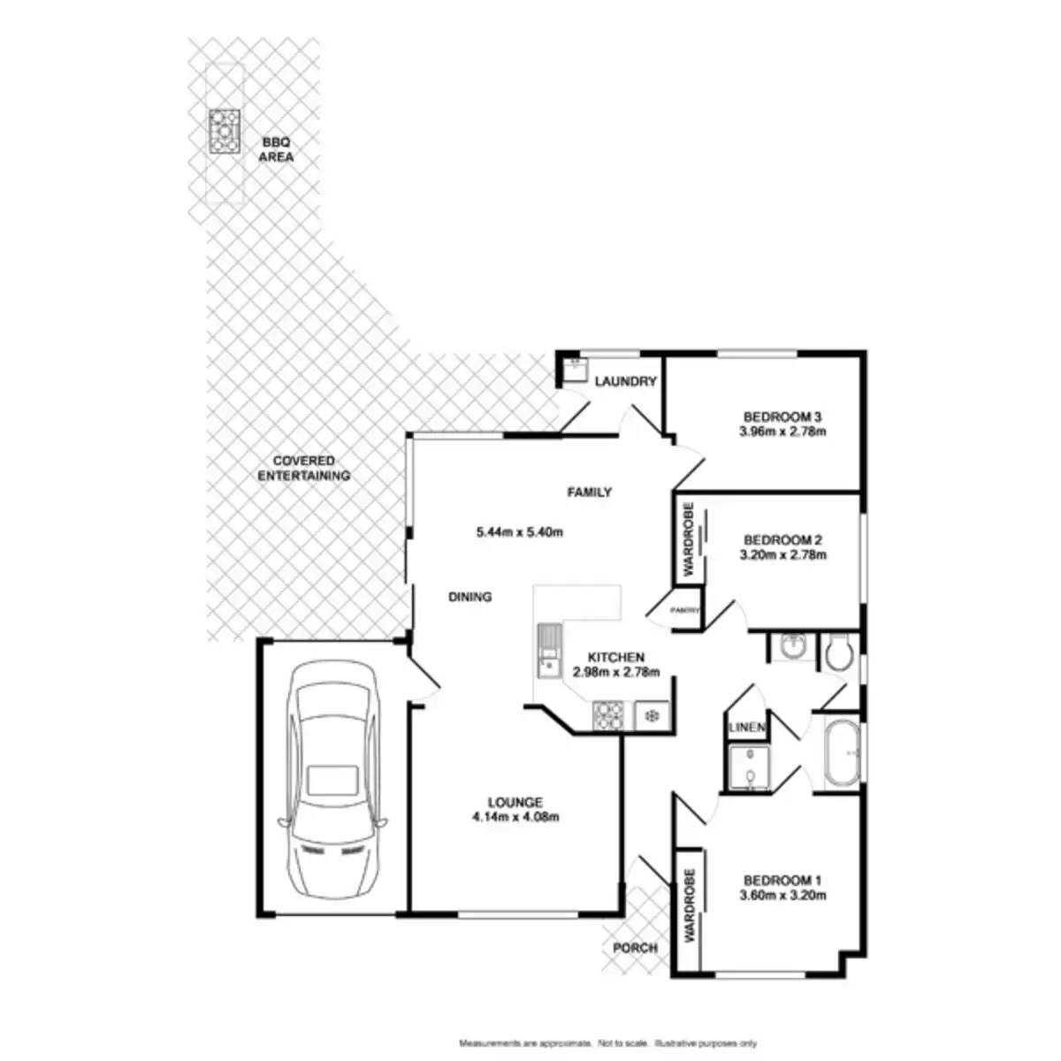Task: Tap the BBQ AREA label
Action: tap(276, 149)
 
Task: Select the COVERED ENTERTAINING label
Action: tap(303, 468)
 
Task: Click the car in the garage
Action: tap(334, 778)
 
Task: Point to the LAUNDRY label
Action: tap(625, 382)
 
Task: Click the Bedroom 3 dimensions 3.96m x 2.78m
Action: tap(782, 432)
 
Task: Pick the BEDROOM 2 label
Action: tap(783, 539)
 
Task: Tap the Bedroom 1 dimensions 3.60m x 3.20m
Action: tap(782, 895)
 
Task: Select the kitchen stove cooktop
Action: tap(608, 715)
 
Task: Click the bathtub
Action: tap(841, 753)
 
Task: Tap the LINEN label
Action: tap(746, 727)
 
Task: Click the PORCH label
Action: tap(635, 948)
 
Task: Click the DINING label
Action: tap(469, 597)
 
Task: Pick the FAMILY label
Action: tap(590, 492)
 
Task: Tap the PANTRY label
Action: tap(684, 610)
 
